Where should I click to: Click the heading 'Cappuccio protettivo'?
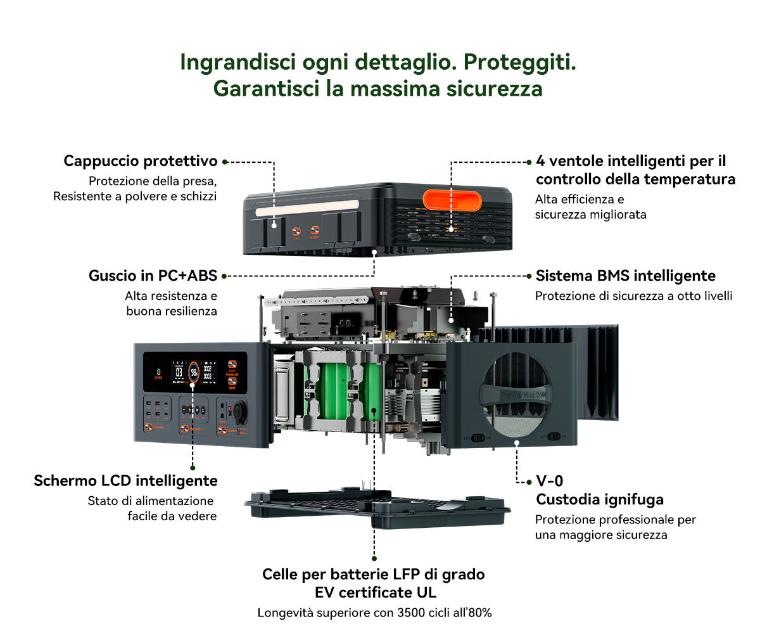[140, 161]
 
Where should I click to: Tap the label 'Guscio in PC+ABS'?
[153, 276]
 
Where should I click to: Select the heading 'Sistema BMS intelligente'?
[625, 276]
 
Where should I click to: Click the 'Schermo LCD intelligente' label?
[125, 481]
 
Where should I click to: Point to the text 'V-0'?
[549, 481]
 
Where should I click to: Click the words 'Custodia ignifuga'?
[600, 499]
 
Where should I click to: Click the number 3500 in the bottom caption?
[412, 613]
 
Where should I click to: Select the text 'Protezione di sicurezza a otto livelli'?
[633, 296]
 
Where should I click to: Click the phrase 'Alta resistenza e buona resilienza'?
[171, 303]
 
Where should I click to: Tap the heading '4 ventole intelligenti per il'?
[631, 161]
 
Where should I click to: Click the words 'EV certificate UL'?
[375, 593]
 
